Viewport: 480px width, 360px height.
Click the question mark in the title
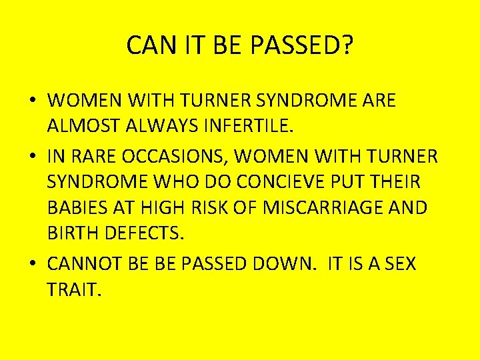click(x=347, y=45)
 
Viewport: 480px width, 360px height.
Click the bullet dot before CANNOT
click(x=33, y=265)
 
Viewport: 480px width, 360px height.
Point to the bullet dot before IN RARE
click(x=33, y=157)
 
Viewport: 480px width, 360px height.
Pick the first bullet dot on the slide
click(x=33, y=101)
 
